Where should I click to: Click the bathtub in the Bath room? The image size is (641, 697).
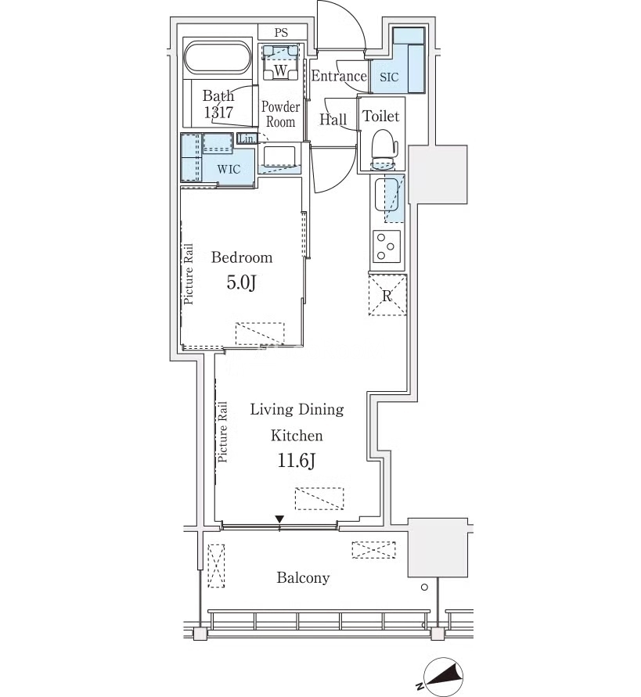[x=218, y=58]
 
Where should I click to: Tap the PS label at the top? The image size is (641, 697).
[x=281, y=32]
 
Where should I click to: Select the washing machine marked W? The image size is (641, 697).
[x=281, y=63]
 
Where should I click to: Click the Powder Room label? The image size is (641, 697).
[x=280, y=114]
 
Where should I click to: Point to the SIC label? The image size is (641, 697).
[x=389, y=77]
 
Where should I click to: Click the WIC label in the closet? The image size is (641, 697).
[x=229, y=169]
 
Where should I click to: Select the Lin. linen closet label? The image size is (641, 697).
[x=247, y=138]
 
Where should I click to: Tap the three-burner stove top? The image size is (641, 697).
[x=387, y=246]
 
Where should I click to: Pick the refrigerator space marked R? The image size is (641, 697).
[x=387, y=295]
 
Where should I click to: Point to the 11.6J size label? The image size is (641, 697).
[x=297, y=461]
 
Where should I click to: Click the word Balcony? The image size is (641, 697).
[x=303, y=578]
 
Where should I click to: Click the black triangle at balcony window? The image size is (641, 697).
[x=279, y=519]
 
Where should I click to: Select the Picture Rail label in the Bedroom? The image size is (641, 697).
[x=189, y=274]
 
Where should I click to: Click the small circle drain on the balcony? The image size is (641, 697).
[x=424, y=587]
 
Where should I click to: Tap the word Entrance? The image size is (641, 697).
[x=339, y=76]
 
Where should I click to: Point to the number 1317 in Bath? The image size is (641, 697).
[x=218, y=112]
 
